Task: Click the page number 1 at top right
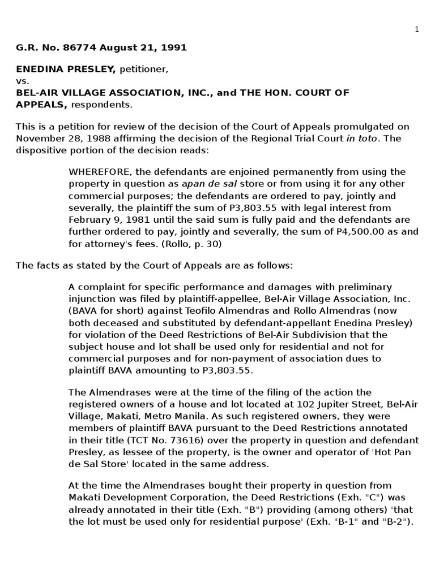tap(416, 29)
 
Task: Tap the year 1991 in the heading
tap(173, 48)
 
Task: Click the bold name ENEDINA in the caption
tap(37, 70)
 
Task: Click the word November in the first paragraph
tap(37, 138)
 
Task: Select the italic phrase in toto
tap(361, 138)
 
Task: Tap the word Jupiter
tap(280, 404)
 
